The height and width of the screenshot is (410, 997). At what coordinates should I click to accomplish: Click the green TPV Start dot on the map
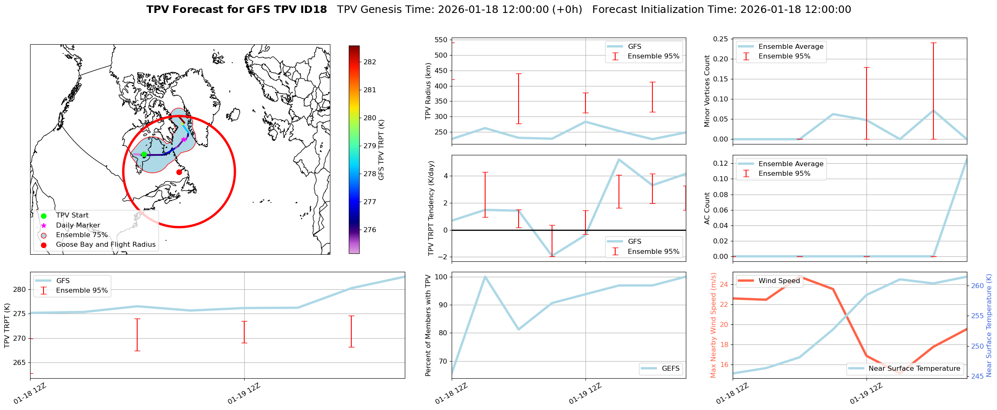tap(144, 154)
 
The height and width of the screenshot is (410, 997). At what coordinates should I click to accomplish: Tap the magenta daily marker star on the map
tap(184, 139)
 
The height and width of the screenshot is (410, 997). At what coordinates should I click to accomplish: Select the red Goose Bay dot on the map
tap(179, 172)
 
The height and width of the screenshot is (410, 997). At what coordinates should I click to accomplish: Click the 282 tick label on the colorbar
tap(370, 62)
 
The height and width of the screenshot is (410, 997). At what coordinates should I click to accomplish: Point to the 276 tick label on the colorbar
tap(370, 230)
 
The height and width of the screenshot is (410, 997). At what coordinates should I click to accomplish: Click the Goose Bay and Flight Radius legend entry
tap(105, 245)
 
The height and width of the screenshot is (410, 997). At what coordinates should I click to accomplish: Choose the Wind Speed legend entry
tap(779, 281)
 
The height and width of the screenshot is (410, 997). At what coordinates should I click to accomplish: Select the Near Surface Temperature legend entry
tap(914, 368)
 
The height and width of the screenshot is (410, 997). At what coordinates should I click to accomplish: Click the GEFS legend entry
tap(670, 368)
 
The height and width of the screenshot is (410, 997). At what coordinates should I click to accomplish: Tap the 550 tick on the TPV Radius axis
tap(441, 40)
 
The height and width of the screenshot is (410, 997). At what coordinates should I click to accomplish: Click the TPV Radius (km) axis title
tap(428, 91)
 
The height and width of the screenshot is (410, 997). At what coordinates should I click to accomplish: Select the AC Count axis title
tap(707, 208)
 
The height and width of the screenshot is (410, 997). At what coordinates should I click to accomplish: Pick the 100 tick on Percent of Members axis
tap(441, 277)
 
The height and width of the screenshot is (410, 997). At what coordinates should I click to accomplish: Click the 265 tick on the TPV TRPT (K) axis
tap(19, 362)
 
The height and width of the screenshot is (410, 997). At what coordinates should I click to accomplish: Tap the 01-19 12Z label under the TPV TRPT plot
tap(244, 394)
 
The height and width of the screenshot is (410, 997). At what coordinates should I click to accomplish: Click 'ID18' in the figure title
tap(312, 10)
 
